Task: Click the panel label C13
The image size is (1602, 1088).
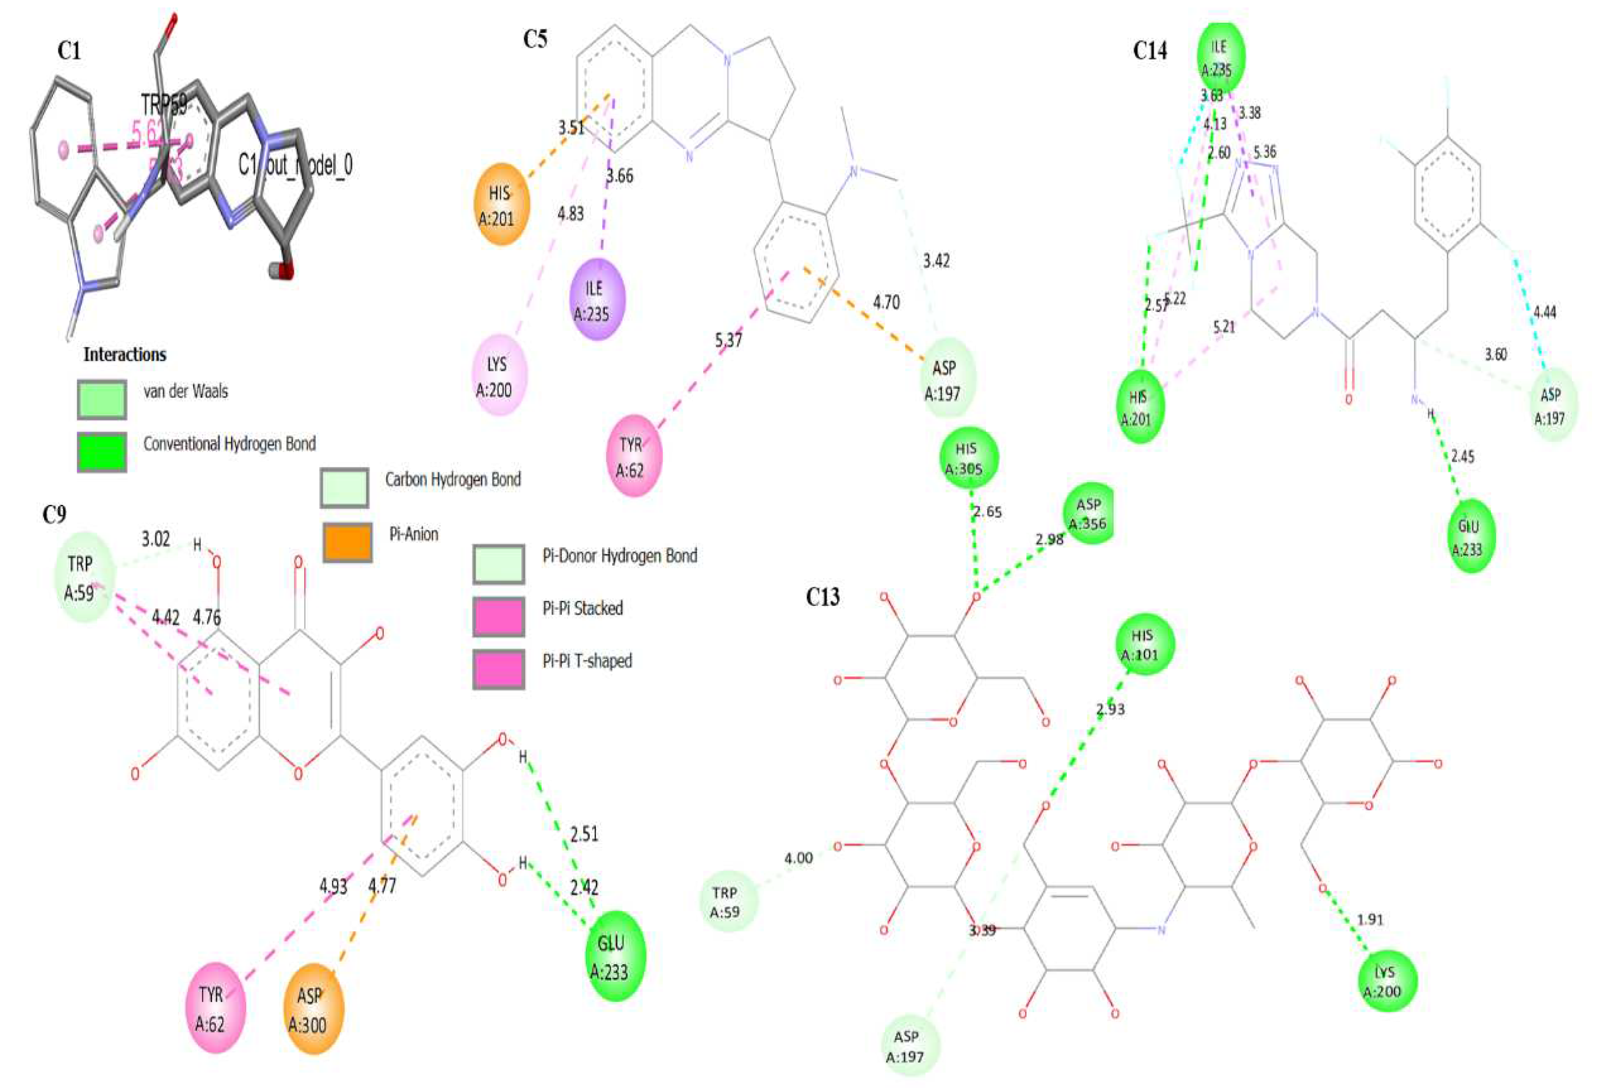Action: pyautogui.click(x=823, y=597)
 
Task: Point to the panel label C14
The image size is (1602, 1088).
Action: pyautogui.click(x=1150, y=50)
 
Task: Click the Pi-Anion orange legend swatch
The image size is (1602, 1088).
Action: pyautogui.click(x=347, y=541)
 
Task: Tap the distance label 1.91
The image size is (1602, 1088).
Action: pyautogui.click(x=1370, y=919)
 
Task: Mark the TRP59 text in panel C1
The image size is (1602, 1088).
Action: pyautogui.click(x=164, y=105)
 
